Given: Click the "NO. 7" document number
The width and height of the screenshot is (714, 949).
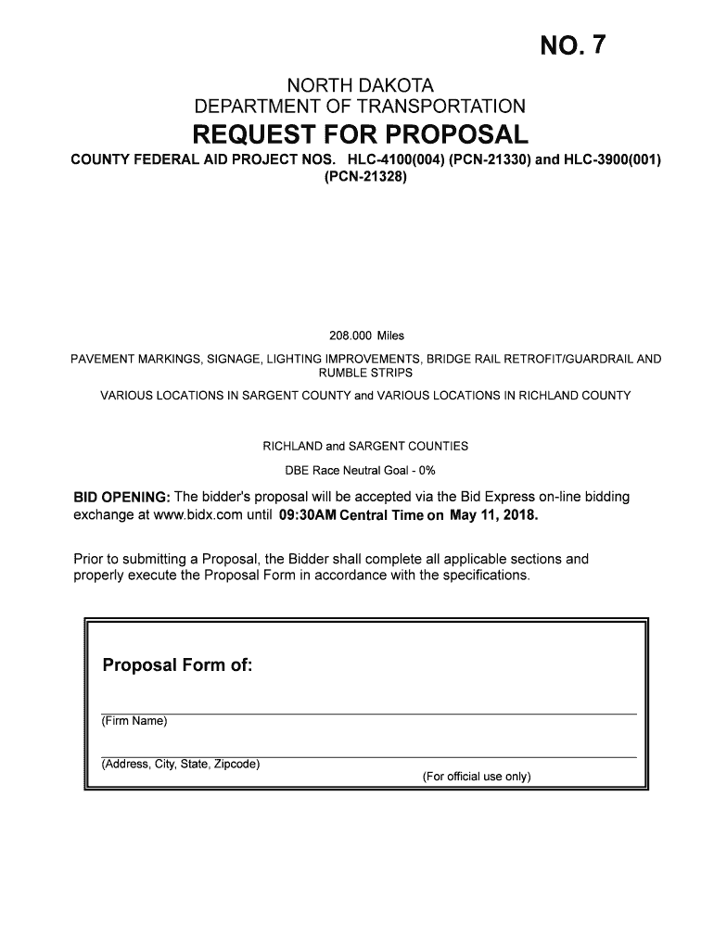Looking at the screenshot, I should [x=576, y=46].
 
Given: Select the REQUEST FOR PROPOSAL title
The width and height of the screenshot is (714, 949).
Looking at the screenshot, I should [x=360, y=133].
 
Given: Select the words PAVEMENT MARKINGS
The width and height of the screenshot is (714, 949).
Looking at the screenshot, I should [x=134, y=359].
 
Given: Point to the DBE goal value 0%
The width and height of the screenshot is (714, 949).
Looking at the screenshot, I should [x=425, y=470].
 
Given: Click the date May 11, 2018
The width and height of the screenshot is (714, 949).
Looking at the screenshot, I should [x=493, y=514].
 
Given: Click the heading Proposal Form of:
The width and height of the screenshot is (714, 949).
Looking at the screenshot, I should [x=176, y=665].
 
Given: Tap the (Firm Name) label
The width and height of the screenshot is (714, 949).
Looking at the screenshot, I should [x=134, y=721].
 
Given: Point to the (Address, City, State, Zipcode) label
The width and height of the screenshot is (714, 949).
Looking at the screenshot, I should [x=180, y=765].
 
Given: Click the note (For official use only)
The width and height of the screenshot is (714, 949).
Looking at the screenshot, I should [x=476, y=777].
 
